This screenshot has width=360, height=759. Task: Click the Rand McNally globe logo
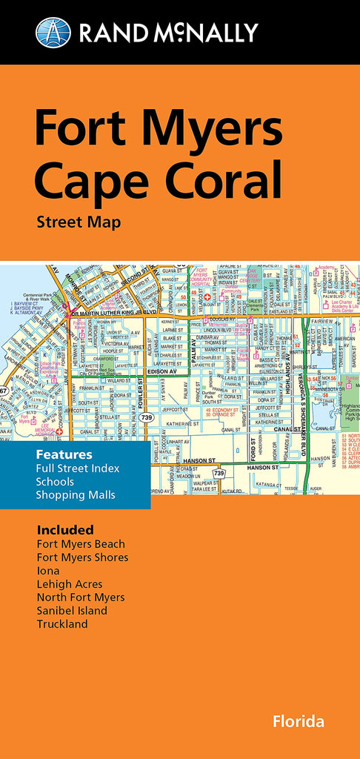click(x=53, y=32)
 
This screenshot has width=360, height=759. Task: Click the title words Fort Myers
click(x=159, y=130)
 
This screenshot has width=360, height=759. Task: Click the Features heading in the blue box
click(x=64, y=454)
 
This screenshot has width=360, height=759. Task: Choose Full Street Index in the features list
click(x=78, y=468)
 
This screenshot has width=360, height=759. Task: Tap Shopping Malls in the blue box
click(x=76, y=494)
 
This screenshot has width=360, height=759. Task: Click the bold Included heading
click(x=65, y=530)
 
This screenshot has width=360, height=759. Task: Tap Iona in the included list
click(x=48, y=571)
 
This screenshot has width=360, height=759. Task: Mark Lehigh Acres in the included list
click(x=70, y=584)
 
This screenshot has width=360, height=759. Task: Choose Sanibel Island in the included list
click(x=72, y=611)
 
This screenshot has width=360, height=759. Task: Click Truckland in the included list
click(x=62, y=624)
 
